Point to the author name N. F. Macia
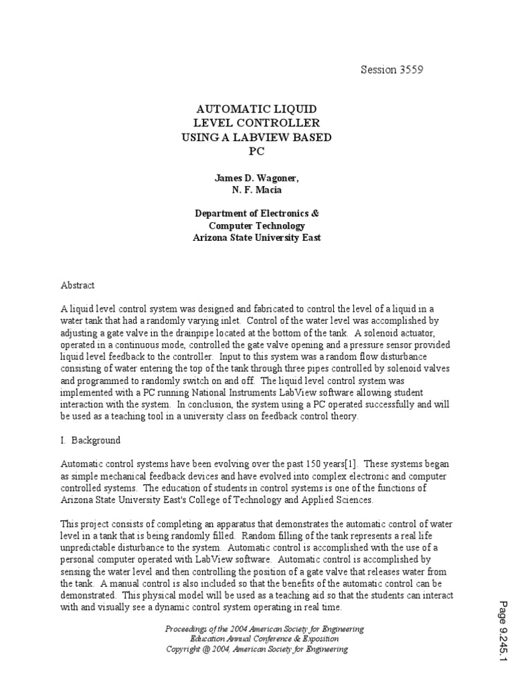coord(258,189)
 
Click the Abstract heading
coord(78,285)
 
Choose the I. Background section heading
coord(90,440)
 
